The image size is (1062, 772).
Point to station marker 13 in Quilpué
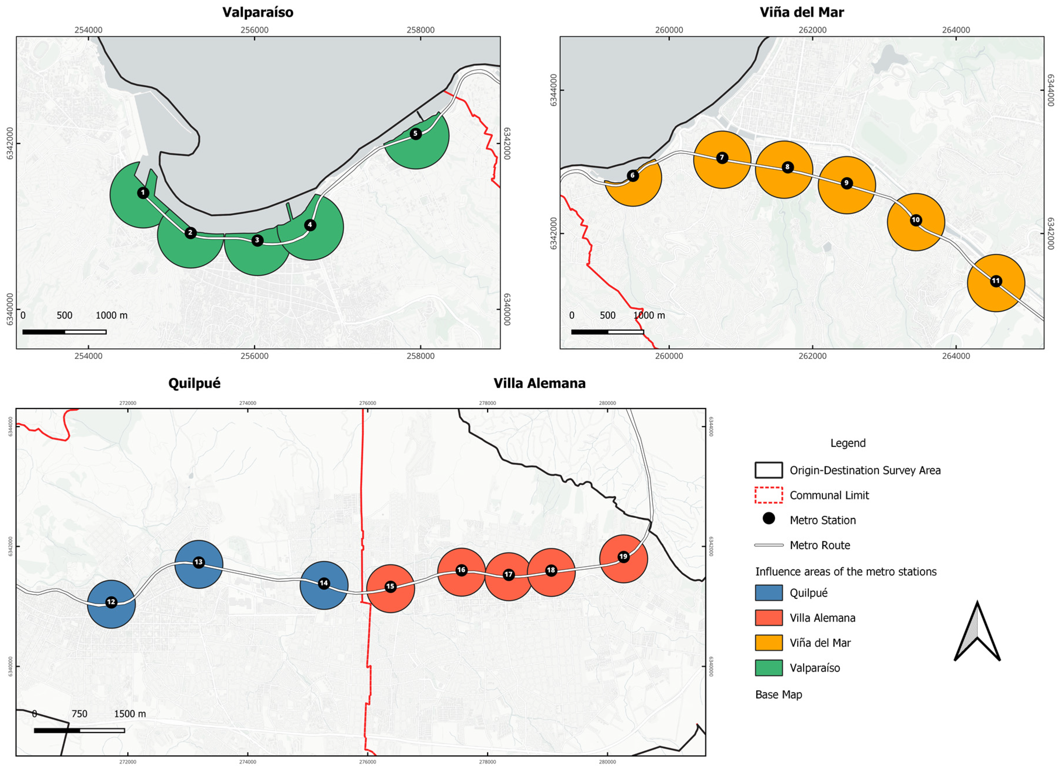(x=199, y=562)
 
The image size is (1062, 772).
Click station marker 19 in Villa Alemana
(x=623, y=557)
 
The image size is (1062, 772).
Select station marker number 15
(x=390, y=587)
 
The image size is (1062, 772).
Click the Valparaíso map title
(x=258, y=12)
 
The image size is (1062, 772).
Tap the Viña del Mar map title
(x=802, y=12)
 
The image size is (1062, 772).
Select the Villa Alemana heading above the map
(x=539, y=383)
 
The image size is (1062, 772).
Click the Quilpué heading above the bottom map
(x=194, y=383)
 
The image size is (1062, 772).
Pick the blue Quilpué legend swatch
(x=769, y=593)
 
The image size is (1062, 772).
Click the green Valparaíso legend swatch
(x=769, y=667)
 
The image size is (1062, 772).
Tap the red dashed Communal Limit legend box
(x=769, y=495)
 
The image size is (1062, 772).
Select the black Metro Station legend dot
(x=769, y=518)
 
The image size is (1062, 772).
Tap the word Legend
(x=848, y=443)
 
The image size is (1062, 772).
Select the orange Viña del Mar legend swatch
(x=769, y=643)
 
